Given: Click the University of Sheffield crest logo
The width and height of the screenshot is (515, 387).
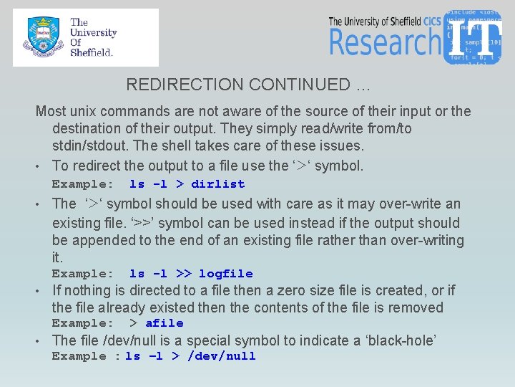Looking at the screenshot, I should point(41,37).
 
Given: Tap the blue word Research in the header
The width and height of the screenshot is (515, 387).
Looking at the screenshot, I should point(384,42).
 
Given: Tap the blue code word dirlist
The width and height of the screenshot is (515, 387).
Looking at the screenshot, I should point(217,184).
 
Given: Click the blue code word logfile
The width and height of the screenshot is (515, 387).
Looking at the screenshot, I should point(225,274).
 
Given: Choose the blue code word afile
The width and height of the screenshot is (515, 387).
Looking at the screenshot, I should point(164,323).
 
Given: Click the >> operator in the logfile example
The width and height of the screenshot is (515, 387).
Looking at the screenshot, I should point(183,274).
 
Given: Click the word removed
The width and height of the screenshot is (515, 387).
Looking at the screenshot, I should point(418,308).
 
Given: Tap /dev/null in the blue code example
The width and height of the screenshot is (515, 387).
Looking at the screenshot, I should point(221,356).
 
